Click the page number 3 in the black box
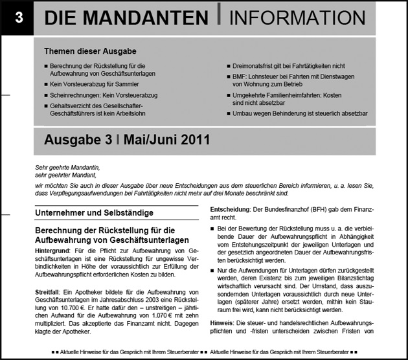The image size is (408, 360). click(18, 19)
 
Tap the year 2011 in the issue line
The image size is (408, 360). click(191, 139)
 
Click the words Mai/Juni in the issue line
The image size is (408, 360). click(145, 139)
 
